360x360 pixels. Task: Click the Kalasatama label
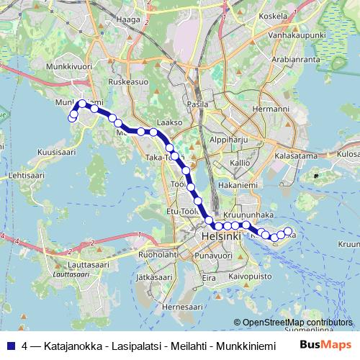[x=295, y=155]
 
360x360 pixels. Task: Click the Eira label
[x=209, y=277]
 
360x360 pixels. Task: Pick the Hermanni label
[x=271, y=109]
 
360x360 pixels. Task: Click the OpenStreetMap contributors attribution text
[x=297, y=322]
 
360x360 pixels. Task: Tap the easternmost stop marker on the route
[x=288, y=231]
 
